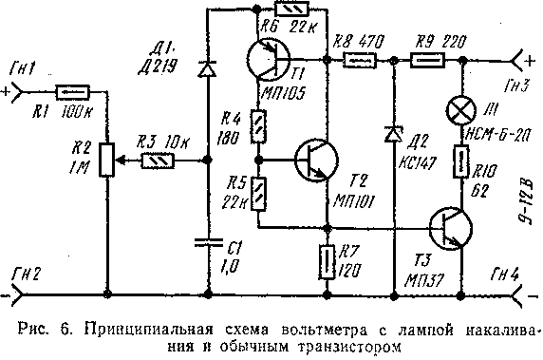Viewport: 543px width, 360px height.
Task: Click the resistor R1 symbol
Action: tap(73, 93)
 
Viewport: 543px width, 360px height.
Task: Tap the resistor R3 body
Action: tap(156, 161)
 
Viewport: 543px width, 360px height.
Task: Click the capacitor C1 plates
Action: tap(207, 239)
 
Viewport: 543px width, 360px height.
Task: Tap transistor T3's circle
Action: tap(449, 228)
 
